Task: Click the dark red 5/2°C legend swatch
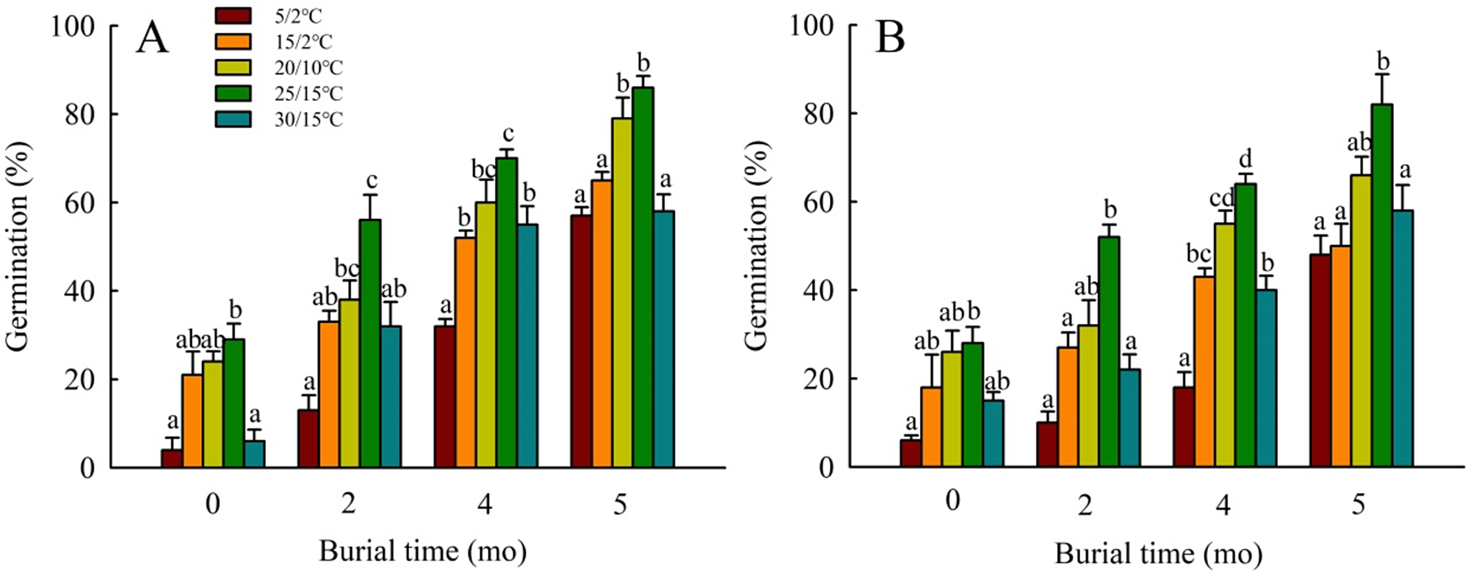pyautogui.click(x=233, y=15)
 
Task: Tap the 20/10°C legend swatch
pyautogui.click(x=233, y=67)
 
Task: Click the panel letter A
pyautogui.click(x=152, y=38)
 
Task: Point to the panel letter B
pyautogui.click(x=890, y=38)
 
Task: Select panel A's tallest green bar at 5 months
pyautogui.click(x=644, y=277)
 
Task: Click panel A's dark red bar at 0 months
pyautogui.click(x=172, y=459)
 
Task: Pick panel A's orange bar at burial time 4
pyautogui.click(x=465, y=353)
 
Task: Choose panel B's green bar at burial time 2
pyautogui.click(x=1109, y=352)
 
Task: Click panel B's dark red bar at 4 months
pyautogui.click(x=1183, y=427)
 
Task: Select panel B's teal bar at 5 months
pyautogui.click(x=1403, y=339)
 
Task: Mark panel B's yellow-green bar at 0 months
pyautogui.click(x=952, y=410)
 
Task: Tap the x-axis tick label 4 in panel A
pyautogui.click(x=484, y=504)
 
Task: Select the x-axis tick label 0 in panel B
pyautogui.click(x=952, y=501)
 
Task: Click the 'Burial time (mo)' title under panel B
pyautogui.click(x=1159, y=554)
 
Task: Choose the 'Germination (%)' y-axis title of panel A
pyautogui.click(x=19, y=246)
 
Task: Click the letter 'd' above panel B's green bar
pyautogui.click(x=1246, y=158)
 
